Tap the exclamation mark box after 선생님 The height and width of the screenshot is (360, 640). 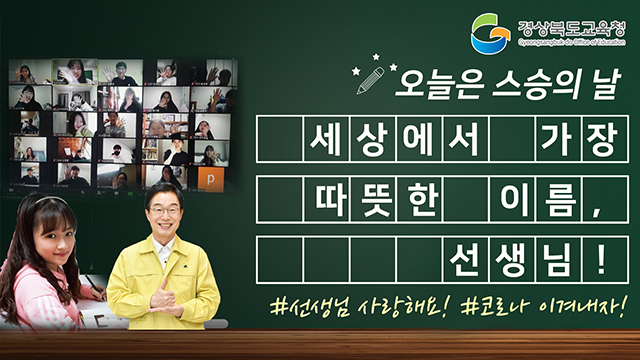click(x=602, y=259)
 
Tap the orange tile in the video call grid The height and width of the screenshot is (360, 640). click(x=209, y=176)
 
